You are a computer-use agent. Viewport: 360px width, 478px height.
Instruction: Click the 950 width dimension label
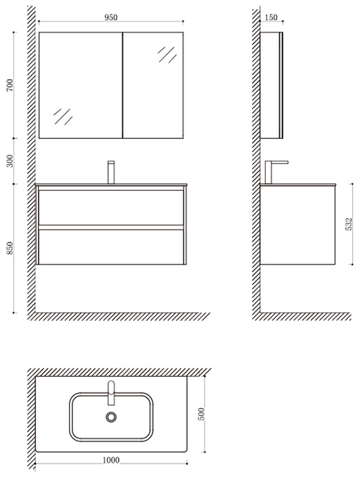coord(111,17)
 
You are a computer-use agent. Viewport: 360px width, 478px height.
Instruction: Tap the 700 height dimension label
coord(10,85)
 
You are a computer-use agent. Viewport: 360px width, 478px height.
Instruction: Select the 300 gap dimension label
coord(10,161)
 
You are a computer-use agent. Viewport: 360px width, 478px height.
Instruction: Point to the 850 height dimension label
coord(10,248)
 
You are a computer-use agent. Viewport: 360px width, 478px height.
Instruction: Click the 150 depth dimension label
coord(271,17)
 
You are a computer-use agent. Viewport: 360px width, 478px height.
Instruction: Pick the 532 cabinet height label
coord(349,224)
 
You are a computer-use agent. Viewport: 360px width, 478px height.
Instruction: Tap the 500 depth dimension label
coord(202,414)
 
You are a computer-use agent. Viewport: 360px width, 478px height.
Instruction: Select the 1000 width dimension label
coord(111,460)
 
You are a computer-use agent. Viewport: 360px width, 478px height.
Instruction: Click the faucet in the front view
coord(112,172)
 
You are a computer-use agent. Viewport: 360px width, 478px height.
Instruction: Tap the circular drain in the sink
coord(112,417)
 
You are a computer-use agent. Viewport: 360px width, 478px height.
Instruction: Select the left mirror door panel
coord(81,85)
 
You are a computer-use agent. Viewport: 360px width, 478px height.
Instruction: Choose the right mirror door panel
coord(153,85)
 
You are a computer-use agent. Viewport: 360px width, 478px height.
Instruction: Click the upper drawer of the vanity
coord(112,207)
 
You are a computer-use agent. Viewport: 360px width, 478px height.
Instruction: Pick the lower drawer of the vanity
coord(112,247)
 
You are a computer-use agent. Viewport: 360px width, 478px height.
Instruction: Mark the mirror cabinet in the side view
coord(271,85)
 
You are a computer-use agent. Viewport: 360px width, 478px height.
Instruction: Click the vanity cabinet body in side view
coord(297,225)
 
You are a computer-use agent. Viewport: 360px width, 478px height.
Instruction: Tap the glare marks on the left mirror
coord(63,117)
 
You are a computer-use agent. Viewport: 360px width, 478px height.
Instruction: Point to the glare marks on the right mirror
coord(167,55)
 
